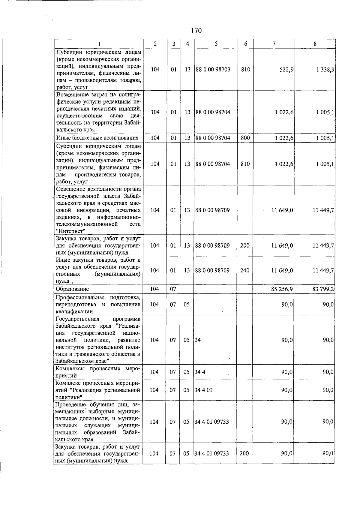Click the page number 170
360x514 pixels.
pyautogui.click(x=196, y=30)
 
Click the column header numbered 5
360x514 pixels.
pyautogui.click(x=216, y=44)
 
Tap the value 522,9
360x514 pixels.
pyautogui.click(x=286, y=70)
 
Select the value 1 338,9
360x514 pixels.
pyautogui.click(x=325, y=70)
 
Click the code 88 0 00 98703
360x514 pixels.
pyautogui.click(x=213, y=70)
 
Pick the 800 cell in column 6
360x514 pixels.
pyautogui.click(x=245, y=138)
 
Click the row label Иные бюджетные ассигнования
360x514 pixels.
pyautogui.click(x=97, y=138)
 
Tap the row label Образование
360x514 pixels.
pyautogui.click(x=72, y=289)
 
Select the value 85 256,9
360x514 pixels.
pyautogui.click(x=282, y=289)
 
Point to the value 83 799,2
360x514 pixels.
pyautogui.click(x=323, y=289)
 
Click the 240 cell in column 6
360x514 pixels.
pyautogui.click(x=245, y=270)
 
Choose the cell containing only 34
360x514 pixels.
pyautogui.click(x=198, y=340)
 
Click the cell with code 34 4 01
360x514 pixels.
pyautogui.click(x=203, y=390)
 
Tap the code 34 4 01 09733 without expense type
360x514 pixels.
pyautogui.click(x=211, y=422)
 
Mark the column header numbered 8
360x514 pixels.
pyautogui.click(x=315, y=44)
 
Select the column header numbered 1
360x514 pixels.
pyautogui.click(x=99, y=44)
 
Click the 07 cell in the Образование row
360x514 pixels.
pyautogui.click(x=173, y=289)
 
